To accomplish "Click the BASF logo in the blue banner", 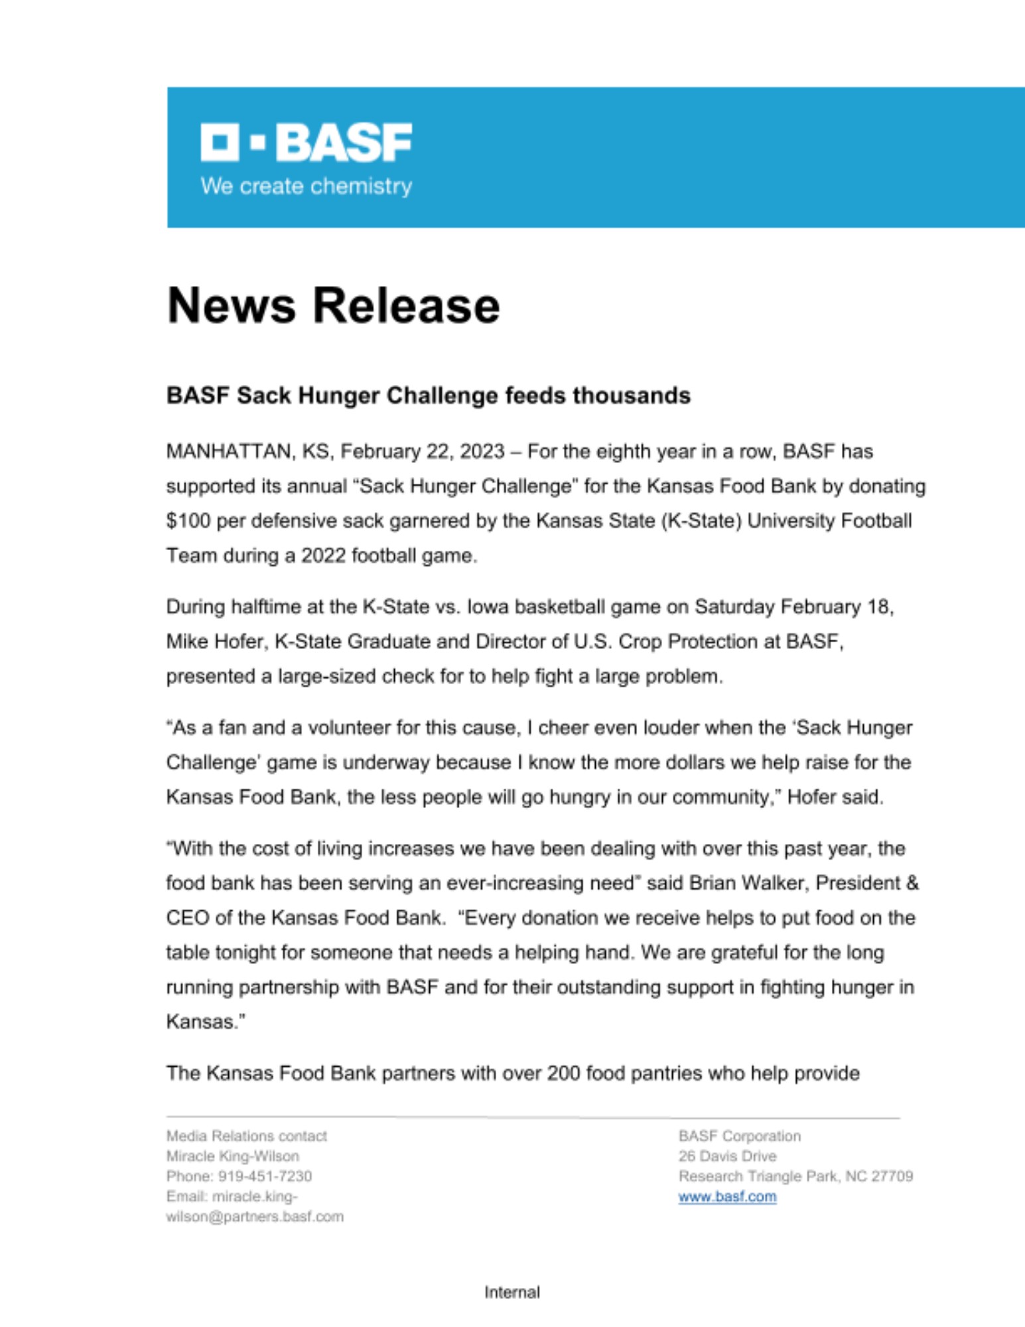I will pyautogui.click(x=306, y=142).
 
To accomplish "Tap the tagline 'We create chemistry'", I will pyautogui.click(x=306, y=186).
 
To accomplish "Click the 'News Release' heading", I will pyautogui.click(x=333, y=306).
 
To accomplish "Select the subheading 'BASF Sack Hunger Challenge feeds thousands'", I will pyautogui.click(x=428, y=395).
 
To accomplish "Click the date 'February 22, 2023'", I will pyautogui.click(x=423, y=452).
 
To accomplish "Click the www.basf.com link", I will pyautogui.click(x=727, y=1196).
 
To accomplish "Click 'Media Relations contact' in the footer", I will pyautogui.click(x=246, y=1136).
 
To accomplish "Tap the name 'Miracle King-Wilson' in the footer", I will pyautogui.click(x=232, y=1156).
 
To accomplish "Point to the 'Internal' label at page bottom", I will pyautogui.click(x=512, y=1292).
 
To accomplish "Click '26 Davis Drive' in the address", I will pyautogui.click(x=727, y=1156).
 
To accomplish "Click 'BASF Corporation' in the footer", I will pyautogui.click(x=739, y=1136).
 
